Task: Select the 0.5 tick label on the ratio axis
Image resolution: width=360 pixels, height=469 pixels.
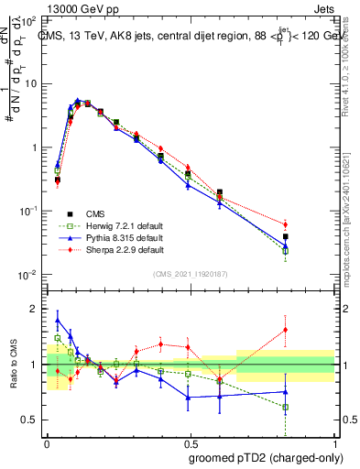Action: (29, 420)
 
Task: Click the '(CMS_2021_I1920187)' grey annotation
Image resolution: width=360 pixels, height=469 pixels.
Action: (191, 273)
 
